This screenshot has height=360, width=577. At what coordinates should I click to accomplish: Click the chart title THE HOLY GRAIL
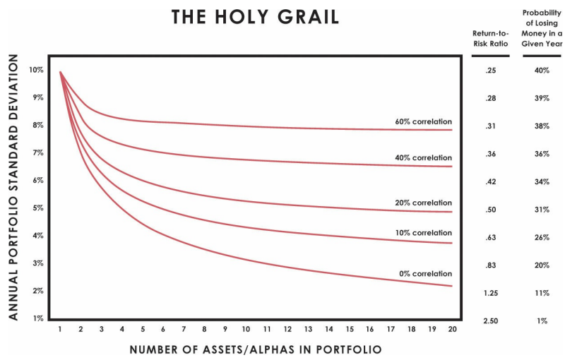tap(255, 18)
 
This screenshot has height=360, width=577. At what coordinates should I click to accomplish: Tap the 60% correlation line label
tap(423, 121)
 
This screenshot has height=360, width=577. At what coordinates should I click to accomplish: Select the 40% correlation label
tap(423, 157)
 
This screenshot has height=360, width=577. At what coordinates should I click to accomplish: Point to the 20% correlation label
tap(423, 203)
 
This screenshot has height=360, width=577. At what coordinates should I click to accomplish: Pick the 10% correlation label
tap(423, 233)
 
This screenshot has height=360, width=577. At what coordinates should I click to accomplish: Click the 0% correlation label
tap(425, 274)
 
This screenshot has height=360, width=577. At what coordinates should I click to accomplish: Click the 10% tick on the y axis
tap(36, 70)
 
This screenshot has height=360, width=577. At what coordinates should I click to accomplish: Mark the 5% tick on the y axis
tap(37, 208)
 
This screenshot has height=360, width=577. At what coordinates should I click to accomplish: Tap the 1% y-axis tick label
tap(37, 318)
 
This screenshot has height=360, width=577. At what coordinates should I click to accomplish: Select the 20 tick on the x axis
tap(452, 330)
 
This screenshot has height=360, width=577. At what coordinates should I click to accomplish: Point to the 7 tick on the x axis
tap(184, 330)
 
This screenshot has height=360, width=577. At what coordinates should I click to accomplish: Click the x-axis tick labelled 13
tap(308, 330)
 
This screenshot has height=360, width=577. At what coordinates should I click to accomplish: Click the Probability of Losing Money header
tap(542, 28)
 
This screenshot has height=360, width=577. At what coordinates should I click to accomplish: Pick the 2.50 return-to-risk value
tap(491, 321)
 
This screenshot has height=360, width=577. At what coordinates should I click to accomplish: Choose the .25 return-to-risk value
tap(491, 71)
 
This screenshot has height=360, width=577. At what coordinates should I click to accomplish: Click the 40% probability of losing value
tap(542, 71)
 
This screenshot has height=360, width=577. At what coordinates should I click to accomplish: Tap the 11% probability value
tap(542, 293)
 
